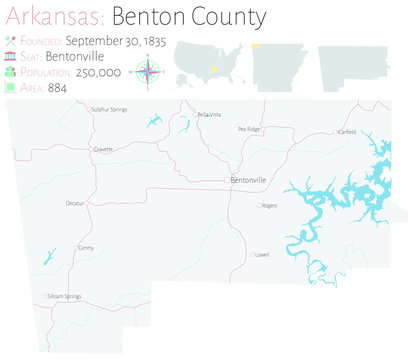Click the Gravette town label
click(102, 148)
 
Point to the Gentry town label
click(85, 247)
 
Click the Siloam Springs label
click(65, 296)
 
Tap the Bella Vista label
click(209, 115)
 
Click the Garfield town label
click(346, 131)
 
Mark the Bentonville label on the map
click(248, 180)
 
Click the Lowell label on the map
click(262, 254)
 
